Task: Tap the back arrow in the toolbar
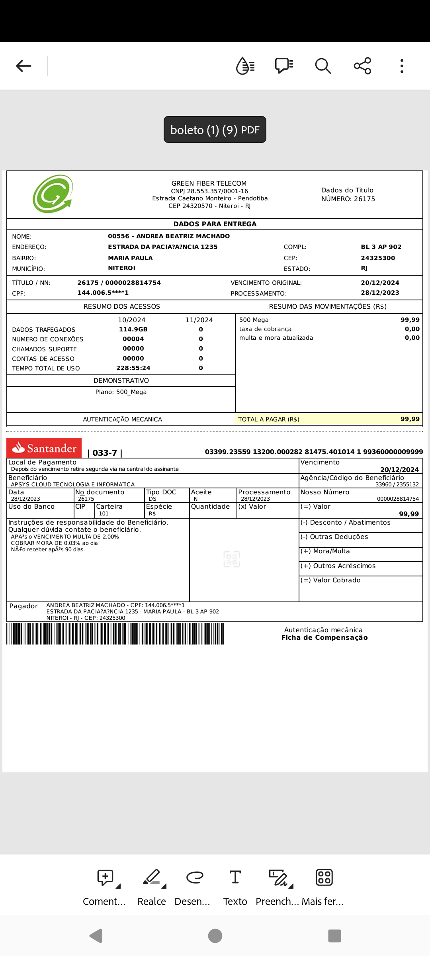[x=23, y=66]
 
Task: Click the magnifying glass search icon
[x=323, y=66]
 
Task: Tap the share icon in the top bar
[x=362, y=66]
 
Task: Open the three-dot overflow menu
[x=402, y=66]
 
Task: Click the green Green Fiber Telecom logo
[x=53, y=194]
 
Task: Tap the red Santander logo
[x=44, y=448]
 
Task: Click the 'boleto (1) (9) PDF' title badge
[x=215, y=129]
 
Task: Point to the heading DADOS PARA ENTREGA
[x=215, y=224]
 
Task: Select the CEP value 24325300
[x=378, y=258]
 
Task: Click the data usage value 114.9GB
[x=133, y=329]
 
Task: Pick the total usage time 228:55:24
[x=133, y=368]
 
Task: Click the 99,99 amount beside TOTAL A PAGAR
[x=410, y=419]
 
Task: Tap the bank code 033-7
[x=105, y=453]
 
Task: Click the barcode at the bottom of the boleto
[x=115, y=633]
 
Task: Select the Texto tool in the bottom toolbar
[x=235, y=886]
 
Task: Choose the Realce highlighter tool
[x=152, y=886]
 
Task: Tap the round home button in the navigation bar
[x=215, y=936]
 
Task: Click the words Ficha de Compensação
[x=324, y=637]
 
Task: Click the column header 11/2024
[x=199, y=320]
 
